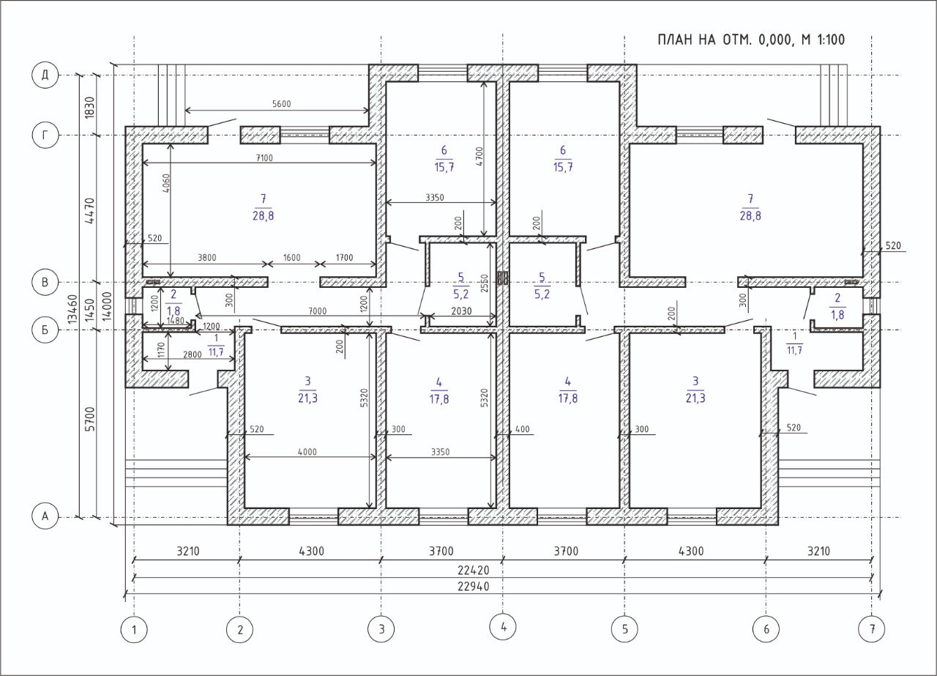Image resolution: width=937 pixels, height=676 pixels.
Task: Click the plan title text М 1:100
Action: coord(821,40)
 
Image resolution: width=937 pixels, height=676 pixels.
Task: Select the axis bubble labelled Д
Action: coord(45,75)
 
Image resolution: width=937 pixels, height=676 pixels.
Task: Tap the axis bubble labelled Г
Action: coord(45,135)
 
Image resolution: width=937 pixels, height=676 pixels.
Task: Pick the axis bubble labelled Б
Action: coord(45,330)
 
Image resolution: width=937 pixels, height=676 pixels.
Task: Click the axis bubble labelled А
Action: coord(45,516)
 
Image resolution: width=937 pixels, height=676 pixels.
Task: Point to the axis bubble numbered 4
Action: coord(503,627)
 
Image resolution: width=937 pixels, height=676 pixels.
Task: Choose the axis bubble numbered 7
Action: coord(872,628)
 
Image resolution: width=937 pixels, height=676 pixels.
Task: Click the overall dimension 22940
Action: coord(473,587)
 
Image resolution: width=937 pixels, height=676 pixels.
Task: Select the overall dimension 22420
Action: coord(473,570)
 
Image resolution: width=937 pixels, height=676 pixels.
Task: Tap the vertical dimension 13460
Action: coord(73,309)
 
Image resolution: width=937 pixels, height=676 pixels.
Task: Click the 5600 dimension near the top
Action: coord(282,104)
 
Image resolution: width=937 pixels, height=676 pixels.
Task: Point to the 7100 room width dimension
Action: coord(264,157)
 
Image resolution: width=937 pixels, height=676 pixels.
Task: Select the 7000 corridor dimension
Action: coord(318,311)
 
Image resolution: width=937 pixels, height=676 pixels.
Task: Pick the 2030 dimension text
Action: coord(461,311)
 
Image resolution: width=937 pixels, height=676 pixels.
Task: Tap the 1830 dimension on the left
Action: coord(90,108)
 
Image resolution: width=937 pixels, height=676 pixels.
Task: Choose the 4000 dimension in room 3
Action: coord(307,452)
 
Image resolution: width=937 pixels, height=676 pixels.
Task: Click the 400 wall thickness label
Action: coord(523,429)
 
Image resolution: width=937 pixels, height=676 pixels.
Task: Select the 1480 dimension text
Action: coord(175,321)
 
